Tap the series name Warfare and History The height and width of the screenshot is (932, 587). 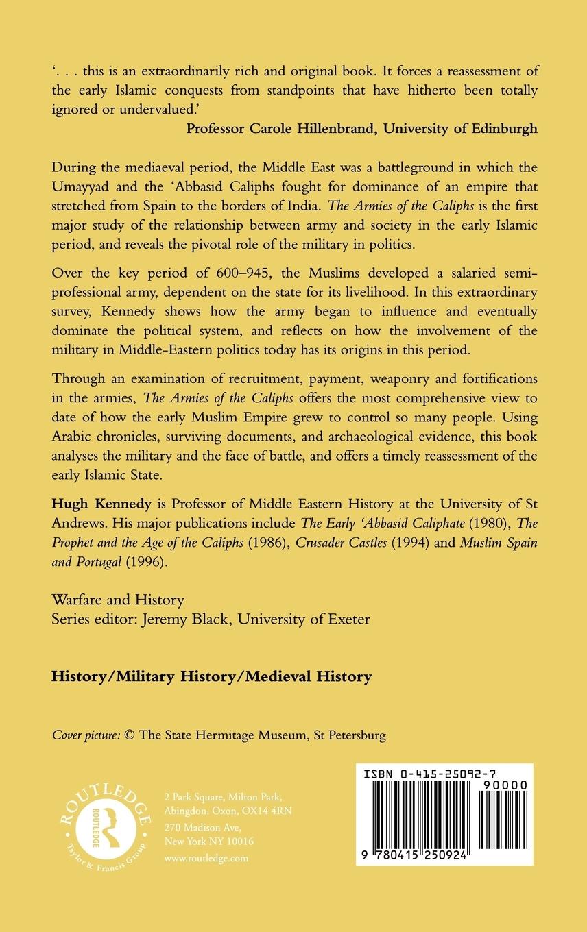118,600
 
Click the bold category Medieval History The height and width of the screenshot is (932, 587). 309,676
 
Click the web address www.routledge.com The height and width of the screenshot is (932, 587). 206,857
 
